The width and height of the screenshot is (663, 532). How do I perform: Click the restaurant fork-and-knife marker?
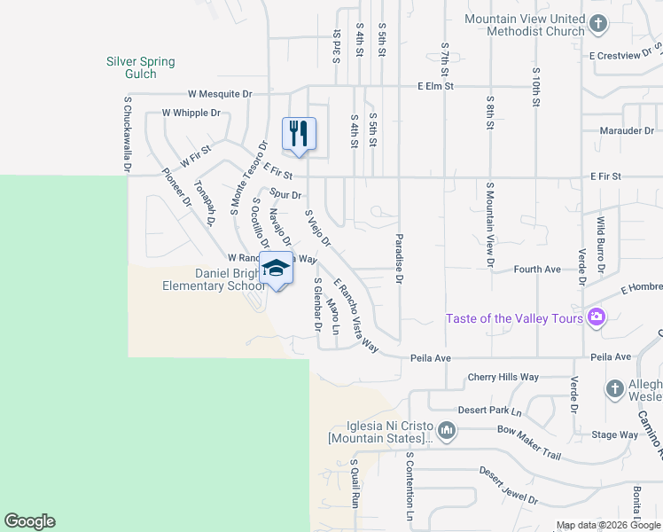[299, 134]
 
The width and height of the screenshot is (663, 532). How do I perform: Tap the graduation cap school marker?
[276, 268]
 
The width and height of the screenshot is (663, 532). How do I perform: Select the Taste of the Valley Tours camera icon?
[597, 317]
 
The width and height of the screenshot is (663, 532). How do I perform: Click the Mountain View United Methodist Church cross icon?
[598, 23]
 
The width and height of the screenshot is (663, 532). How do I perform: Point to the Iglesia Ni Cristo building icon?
[447, 432]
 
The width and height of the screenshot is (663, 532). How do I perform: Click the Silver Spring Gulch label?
[141, 67]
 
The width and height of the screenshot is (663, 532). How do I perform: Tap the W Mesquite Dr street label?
[220, 93]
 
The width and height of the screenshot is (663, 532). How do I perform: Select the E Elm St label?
[436, 87]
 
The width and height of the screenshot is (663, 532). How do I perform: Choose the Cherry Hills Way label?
[503, 377]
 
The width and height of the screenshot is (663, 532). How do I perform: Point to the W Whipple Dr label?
[191, 113]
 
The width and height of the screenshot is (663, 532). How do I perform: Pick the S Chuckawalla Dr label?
[128, 134]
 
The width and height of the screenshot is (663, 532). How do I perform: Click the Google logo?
[29, 521]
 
